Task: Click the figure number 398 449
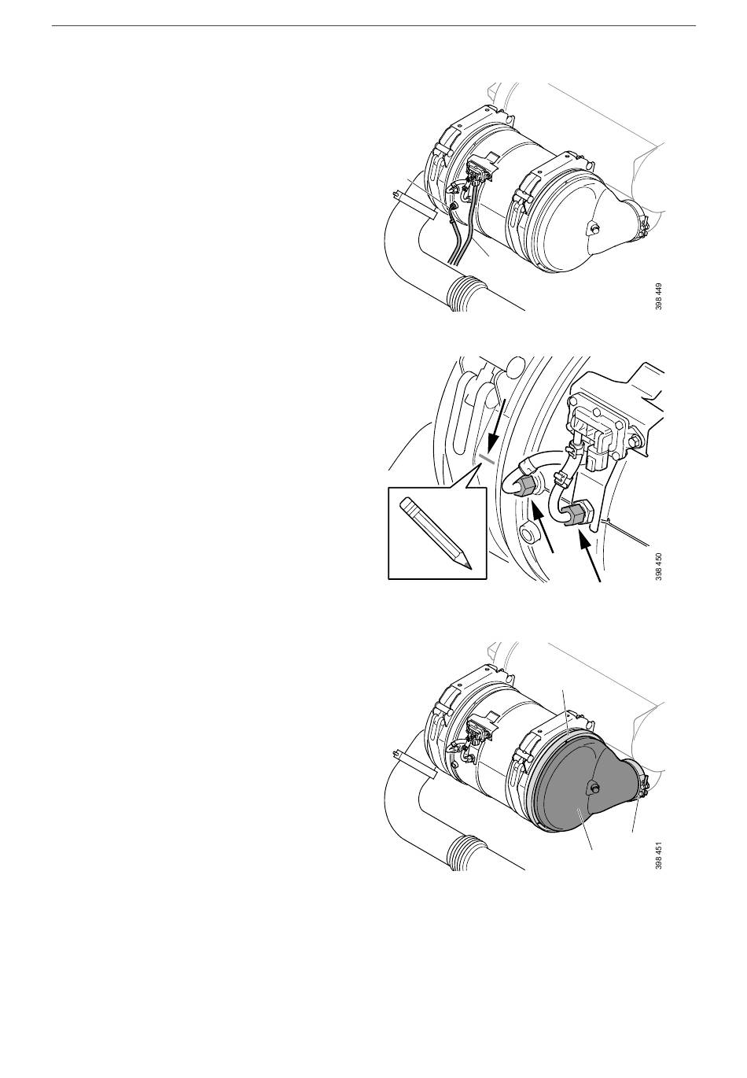(658, 296)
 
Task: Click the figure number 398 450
(658, 566)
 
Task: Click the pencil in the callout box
(436, 533)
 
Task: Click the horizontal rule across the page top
(373, 25)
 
